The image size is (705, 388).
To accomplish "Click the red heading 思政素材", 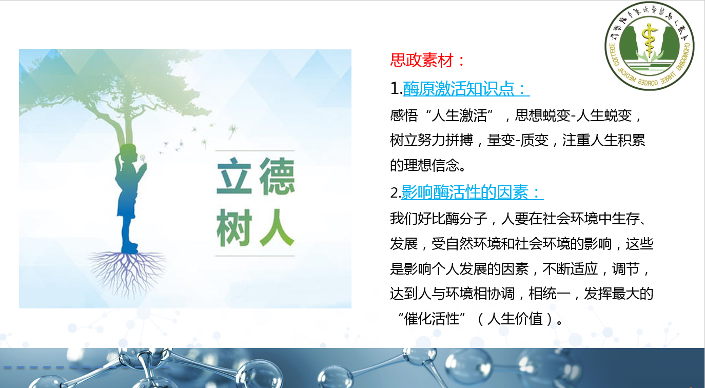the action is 422,60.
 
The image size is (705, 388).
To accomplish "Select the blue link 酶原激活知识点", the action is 458,88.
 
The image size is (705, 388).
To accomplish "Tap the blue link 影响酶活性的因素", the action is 464,192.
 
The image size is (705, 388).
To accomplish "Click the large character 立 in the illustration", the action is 234,176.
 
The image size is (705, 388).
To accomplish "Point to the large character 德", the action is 277,176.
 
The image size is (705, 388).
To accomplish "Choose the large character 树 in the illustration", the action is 234,227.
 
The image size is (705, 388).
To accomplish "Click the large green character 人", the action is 277,227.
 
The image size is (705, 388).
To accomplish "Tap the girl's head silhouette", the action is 128,153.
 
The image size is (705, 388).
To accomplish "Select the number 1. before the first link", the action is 396,88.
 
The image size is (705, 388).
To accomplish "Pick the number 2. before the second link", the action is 395,192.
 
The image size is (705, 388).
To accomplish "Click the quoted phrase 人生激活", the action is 459,115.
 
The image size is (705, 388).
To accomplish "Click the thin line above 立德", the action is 255,150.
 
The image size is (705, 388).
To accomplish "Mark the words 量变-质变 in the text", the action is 517,140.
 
